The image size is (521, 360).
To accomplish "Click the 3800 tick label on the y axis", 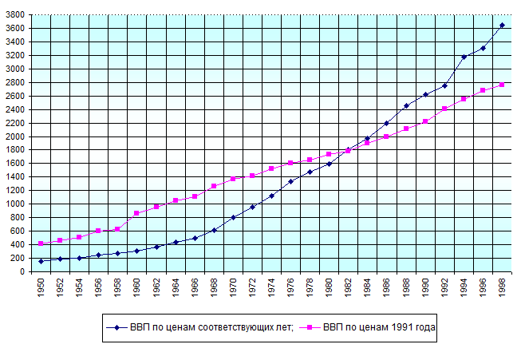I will pos(16,14).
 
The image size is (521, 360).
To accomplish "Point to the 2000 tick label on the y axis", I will pos(16,136).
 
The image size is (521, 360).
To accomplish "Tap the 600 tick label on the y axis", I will pos(18,231).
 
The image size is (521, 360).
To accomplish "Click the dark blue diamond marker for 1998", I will pos(502,26).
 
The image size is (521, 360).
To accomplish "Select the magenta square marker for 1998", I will pos(502,85).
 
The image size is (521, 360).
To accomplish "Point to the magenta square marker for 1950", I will pos(41,243).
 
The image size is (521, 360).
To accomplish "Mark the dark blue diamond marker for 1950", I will pos(41,261).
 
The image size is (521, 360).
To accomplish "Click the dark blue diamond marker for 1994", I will pos(464,57).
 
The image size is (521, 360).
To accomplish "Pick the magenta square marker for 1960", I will pos(136,213).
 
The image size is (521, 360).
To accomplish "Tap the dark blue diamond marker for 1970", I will pos(233,217).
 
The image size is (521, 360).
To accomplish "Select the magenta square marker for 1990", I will pos(425,121).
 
